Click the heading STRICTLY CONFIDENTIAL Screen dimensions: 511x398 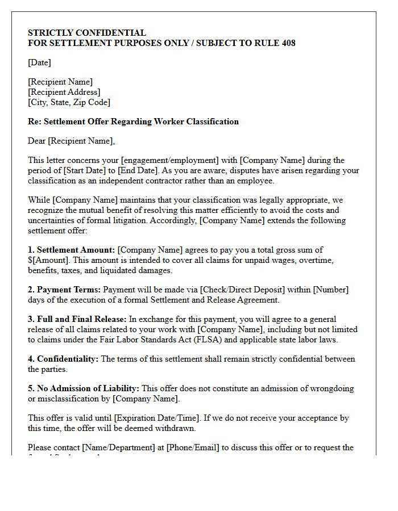point(87,33)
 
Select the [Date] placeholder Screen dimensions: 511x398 point(40,62)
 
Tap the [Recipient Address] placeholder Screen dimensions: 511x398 point(64,92)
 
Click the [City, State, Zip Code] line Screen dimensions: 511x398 point(69,102)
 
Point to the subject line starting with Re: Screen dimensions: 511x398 point(133,122)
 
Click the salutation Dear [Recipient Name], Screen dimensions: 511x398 point(71,141)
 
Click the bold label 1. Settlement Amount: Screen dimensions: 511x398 point(72,250)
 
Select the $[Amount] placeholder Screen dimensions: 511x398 point(49,260)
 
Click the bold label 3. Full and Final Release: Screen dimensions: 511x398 point(77,319)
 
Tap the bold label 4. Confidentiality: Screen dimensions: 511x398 point(63,359)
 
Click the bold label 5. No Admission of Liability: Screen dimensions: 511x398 point(84,388)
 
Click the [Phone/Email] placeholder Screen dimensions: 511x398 point(193,447)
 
